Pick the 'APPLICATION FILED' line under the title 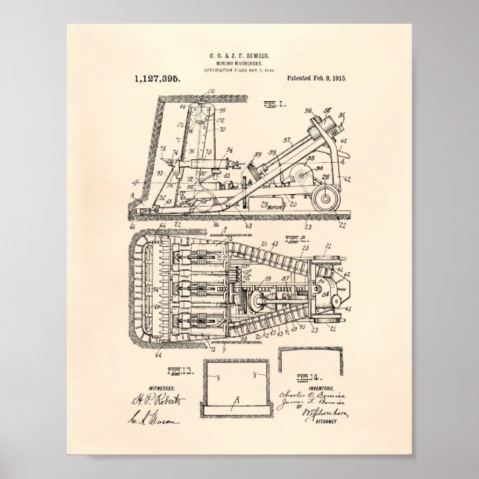click(239, 71)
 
